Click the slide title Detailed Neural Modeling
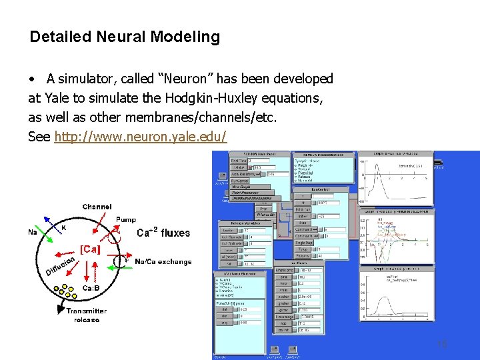(125, 37)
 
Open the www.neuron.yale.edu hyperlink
(141, 137)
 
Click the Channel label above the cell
(97, 207)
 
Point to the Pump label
(125, 219)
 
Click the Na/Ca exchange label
(163, 262)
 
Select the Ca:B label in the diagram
(92, 288)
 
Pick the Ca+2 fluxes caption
(163, 233)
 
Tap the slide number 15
(441, 344)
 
